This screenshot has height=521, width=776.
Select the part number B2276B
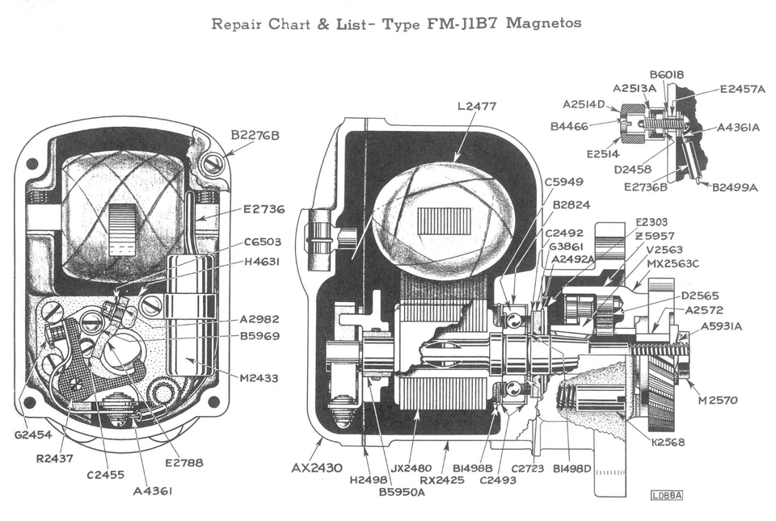(x=255, y=135)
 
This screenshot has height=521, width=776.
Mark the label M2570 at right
(x=717, y=401)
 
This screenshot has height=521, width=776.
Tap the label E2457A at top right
(x=742, y=89)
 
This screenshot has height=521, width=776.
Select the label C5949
(x=564, y=182)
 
